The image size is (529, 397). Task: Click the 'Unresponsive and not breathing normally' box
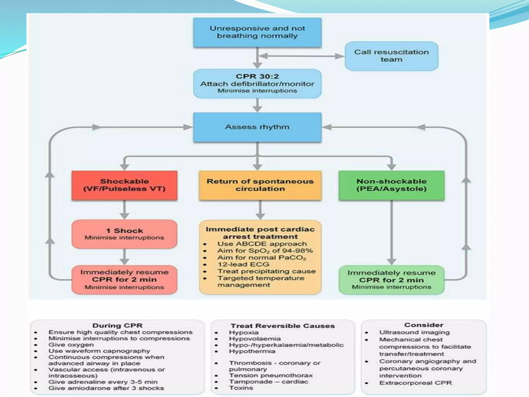pyautogui.click(x=257, y=32)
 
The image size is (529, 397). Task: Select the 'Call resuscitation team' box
pyautogui.click(x=391, y=56)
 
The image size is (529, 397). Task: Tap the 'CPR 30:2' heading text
pyautogui.click(x=257, y=77)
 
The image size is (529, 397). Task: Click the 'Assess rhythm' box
pyautogui.click(x=257, y=127)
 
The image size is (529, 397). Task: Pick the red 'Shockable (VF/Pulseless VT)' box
pyautogui.click(x=125, y=185)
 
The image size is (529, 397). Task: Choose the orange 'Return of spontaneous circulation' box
pyautogui.click(x=260, y=185)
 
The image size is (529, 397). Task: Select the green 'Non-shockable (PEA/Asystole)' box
pyautogui.click(x=391, y=185)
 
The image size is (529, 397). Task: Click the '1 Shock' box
pyautogui.click(x=125, y=234)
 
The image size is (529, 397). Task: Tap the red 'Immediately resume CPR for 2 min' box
pyautogui.click(x=125, y=280)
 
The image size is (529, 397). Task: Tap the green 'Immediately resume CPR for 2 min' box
pyautogui.click(x=391, y=280)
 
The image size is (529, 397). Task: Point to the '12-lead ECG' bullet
pyautogui.click(x=243, y=264)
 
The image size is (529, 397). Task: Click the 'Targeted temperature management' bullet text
pyautogui.click(x=261, y=281)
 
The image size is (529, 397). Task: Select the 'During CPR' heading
pyautogui.click(x=118, y=325)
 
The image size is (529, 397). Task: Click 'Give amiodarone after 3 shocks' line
pyautogui.click(x=106, y=388)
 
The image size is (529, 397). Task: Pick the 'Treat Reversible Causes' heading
pyautogui.click(x=283, y=326)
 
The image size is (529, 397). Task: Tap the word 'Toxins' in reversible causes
pyautogui.click(x=241, y=388)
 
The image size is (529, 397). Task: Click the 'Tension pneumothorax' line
pyautogui.click(x=271, y=375)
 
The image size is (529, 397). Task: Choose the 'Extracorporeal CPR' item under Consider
pyautogui.click(x=415, y=383)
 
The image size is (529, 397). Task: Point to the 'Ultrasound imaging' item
pyautogui.click(x=414, y=332)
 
